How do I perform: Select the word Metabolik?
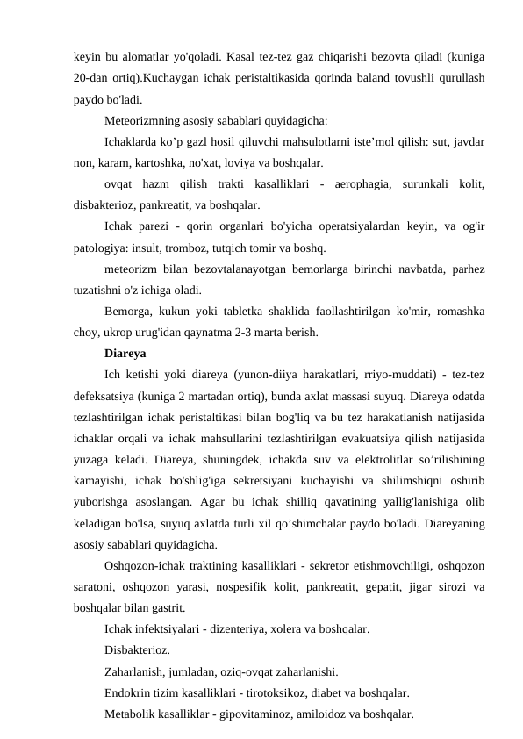132,715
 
